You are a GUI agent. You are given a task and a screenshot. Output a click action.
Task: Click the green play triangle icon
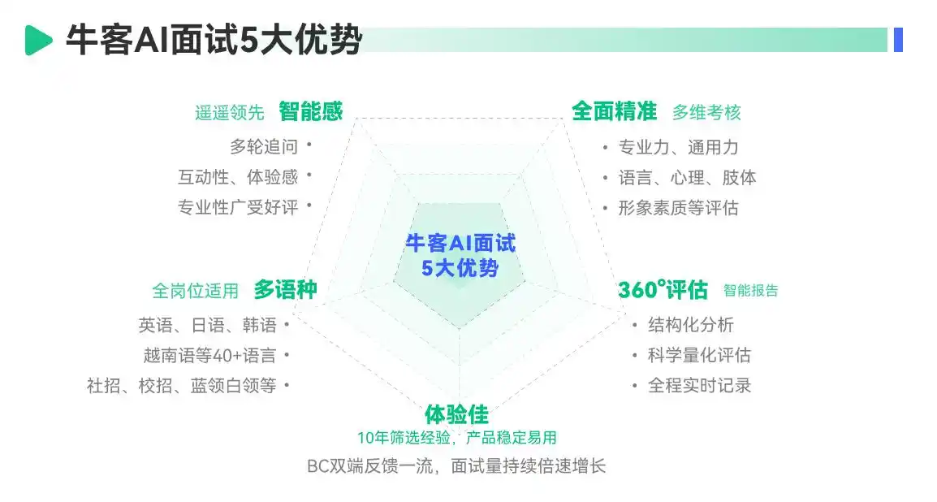pyautogui.click(x=37, y=40)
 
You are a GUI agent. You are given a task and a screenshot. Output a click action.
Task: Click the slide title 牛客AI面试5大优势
pyautogui.click(x=214, y=40)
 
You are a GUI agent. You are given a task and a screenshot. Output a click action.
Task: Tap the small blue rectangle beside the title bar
pyautogui.click(x=898, y=40)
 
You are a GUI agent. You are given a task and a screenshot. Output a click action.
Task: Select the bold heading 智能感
pyautogui.click(x=310, y=111)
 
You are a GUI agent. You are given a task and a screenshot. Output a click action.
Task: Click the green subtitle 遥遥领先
pyautogui.click(x=229, y=113)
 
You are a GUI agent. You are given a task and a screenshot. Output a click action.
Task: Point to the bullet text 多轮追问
pyautogui.click(x=264, y=147)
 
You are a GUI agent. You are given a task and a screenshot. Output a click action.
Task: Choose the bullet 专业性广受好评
pyautogui.click(x=238, y=207)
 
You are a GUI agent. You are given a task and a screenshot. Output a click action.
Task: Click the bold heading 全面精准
pyautogui.click(x=614, y=111)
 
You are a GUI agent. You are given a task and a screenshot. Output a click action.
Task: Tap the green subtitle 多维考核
pyautogui.click(x=706, y=113)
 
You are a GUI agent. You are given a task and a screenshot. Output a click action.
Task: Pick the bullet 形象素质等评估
pyautogui.click(x=678, y=208)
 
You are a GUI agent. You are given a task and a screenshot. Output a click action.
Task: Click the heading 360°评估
pyautogui.click(x=663, y=290)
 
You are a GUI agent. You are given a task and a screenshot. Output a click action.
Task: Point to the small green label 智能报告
pyautogui.click(x=750, y=291)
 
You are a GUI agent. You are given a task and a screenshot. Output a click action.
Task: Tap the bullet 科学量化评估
pyautogui.click(x=698, y=355)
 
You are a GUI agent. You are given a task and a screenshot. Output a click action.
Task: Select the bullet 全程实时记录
pyautogui.click(x=698, y=385)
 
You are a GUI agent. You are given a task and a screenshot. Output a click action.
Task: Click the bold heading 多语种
pyautogui.click(x=285, y=290)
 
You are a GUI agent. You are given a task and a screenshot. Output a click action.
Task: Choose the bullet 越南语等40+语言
pyautogui.click(x=209, y=355)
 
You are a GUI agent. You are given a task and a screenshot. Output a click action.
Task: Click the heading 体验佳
pyautogui.click(x=456, y=414)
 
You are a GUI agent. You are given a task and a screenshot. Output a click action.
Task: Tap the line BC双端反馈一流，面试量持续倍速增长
pyautogui.click(x=456, y=466)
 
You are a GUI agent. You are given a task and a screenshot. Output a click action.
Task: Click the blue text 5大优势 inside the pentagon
pyautogui.click(x=460, y=268)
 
